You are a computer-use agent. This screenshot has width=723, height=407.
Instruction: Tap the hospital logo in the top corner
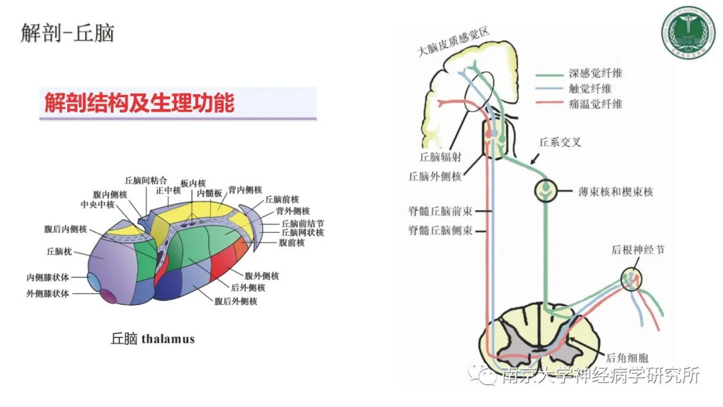(x=688, y=31)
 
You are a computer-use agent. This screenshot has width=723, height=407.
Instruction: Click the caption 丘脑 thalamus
(x=153, y=339)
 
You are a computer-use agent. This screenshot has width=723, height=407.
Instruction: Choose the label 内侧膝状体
(x=48, y=277)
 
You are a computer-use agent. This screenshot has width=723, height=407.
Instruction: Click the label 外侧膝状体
(x=48, y=293)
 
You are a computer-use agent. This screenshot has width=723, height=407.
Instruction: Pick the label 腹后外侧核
(x=236, y=302)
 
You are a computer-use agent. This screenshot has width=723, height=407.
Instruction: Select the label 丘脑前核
(x=282, y=199)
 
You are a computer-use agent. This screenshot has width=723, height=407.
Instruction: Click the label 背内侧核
(x=245, y=190)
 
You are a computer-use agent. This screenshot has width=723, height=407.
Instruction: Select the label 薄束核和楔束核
(x=615, y=192)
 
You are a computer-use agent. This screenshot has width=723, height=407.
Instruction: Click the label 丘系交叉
(x=558, y=143)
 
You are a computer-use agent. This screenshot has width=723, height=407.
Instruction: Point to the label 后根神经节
(x=637, y=250)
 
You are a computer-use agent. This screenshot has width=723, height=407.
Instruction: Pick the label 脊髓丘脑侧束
(x=440, y=230)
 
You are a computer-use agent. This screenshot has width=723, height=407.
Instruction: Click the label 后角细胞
(x=627, y=358)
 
